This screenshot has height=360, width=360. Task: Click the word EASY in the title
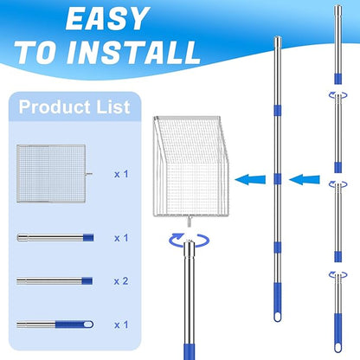(107, 19)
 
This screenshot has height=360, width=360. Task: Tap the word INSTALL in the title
(133, 52)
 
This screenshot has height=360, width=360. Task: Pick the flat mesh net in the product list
(51, 173)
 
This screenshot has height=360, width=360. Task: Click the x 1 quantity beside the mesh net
(121, 174)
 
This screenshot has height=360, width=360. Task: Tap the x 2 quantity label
(121, 281)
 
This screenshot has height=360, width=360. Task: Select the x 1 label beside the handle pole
(121, 325)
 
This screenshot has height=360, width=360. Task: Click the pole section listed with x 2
(55, 281)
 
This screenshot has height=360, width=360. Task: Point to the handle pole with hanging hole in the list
(55, 325)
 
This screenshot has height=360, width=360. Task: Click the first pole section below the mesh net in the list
(55, 238)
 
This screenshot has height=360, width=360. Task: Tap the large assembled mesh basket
(190, 166)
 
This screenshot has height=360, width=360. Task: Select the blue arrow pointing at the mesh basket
(250, 179)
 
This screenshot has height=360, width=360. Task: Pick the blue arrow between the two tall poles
(305, 179)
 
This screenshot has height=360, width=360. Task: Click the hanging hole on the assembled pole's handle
(278, 317)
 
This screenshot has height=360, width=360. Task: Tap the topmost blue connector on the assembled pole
(278, 111)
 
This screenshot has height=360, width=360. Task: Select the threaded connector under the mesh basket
(189, 222)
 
